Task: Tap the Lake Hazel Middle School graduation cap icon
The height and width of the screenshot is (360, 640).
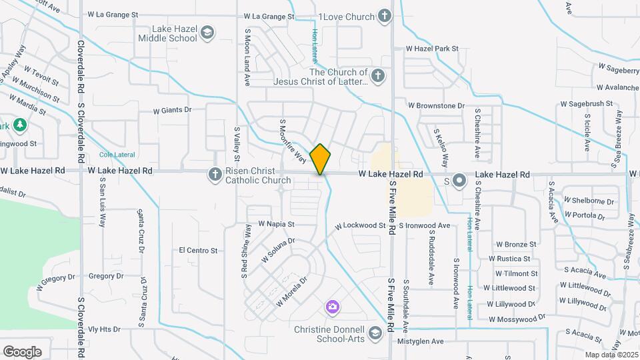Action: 207,33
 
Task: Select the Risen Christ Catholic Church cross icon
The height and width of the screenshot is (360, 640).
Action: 215,175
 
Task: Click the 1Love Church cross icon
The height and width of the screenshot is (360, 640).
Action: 384,16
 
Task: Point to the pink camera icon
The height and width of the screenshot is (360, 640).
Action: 332,307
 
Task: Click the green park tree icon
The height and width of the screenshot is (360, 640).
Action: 20,124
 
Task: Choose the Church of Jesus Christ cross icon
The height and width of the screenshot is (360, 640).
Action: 378,75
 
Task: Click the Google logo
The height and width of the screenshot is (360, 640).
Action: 22,351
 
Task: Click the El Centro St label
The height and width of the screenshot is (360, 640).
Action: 199,251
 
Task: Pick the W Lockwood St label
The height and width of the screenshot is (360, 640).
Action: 361,226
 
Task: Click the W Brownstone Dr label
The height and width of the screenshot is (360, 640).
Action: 436,106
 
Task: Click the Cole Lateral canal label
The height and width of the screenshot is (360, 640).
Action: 117,155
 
